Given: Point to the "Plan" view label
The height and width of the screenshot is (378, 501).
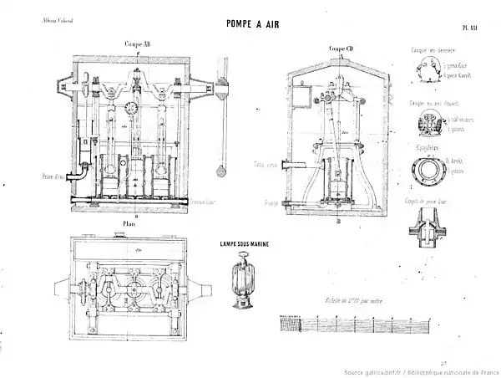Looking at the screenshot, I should (x=129, y=225).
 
